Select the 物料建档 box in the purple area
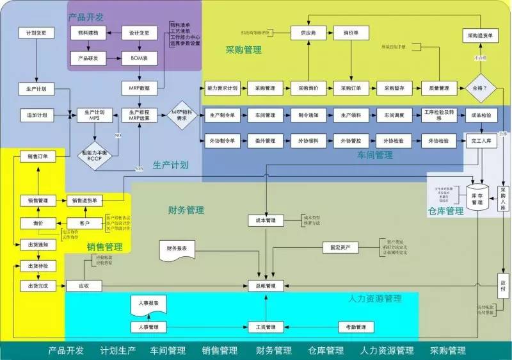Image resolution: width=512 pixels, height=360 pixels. [x=87, y=32]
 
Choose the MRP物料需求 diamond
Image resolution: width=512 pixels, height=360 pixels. [x=181, y=115]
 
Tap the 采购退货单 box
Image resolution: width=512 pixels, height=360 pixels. [x=480, y=37]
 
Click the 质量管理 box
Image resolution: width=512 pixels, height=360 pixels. [x=438, y=87]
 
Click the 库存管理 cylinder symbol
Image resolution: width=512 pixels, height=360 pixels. [x=477, y=199]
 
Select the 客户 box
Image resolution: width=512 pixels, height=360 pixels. [x=84, y=224]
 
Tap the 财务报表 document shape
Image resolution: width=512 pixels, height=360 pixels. [x=177, y=249]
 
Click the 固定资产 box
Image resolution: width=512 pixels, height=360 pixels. [x=340, y=247]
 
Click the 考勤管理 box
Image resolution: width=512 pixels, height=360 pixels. [x=352, y=327]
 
